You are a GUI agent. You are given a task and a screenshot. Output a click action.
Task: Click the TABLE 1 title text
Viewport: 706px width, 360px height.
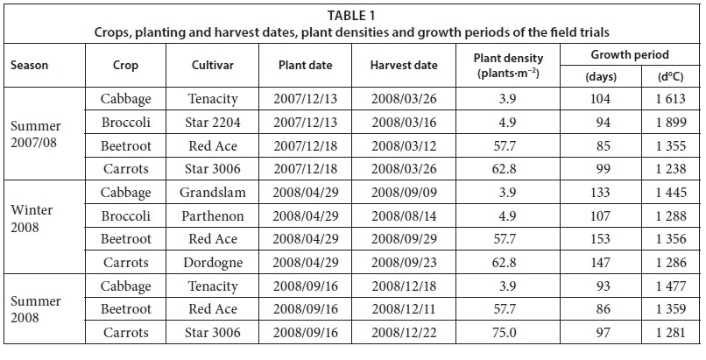(x=352, y=15)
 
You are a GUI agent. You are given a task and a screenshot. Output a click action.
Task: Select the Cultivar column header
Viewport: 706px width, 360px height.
(x=213, y=66)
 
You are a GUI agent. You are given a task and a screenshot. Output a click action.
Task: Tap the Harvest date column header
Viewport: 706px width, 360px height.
(x=403, y=66)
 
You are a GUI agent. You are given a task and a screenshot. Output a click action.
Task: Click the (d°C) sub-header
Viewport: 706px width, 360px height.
(x=668, y=76)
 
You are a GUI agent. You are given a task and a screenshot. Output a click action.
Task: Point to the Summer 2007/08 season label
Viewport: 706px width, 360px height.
(x=36, y=134)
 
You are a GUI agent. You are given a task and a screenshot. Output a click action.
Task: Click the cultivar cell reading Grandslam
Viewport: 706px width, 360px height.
(x=213, y=192)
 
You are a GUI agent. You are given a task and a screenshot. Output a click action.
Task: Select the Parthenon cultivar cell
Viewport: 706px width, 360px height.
(x=213, y=215)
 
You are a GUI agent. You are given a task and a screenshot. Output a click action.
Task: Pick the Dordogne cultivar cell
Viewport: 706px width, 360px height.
(x=213, y=262)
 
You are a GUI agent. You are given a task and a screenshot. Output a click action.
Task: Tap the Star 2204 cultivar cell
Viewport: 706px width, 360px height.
(x=213, y=122)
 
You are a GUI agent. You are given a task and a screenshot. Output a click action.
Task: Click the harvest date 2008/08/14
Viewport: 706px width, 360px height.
(x=403, y=215)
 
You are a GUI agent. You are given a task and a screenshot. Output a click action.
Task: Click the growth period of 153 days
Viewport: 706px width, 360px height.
(x=600, y=239)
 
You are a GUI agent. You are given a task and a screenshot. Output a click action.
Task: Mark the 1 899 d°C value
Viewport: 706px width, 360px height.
(x=668, y=122)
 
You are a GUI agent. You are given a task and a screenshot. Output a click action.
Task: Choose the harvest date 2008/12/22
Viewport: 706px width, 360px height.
(x=403, y=333)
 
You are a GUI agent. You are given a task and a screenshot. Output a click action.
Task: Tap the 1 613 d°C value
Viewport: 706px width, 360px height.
(x=668, y=98)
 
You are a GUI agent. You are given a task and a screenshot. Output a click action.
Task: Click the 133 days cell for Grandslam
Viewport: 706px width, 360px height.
(x=600, y=192)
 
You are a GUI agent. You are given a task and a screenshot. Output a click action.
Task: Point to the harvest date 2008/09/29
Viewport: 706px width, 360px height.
(x=403, y=239)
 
